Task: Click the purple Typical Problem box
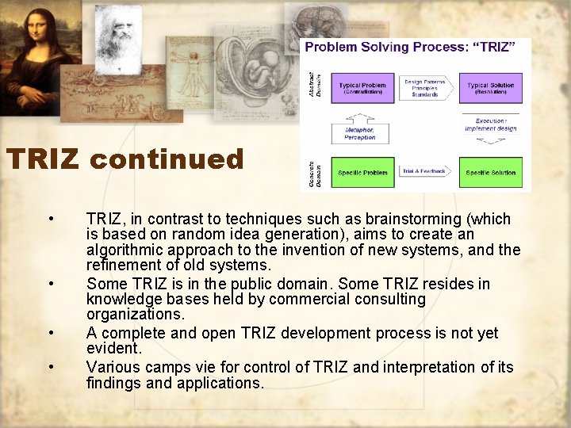pyautogui.click(x=362, y=89)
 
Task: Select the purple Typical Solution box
pyautogui.click(x=490, y=89)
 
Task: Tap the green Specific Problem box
pyautogui.click(x=362, y=172)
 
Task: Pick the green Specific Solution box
pyautogui.click(x=490, y=172)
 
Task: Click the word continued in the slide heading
pyautogui.click(x=167, y=159)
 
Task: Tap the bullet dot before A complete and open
pyautogui.click(x=51, y=333)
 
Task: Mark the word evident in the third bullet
pyautogui.click(x=112, y=348)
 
